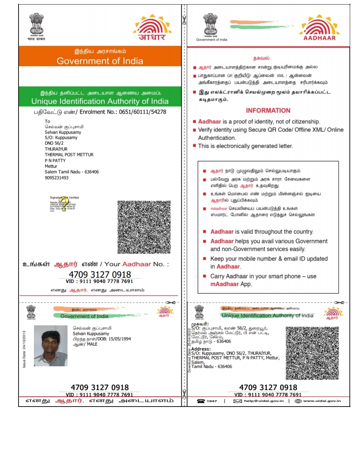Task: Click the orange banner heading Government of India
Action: click(100, 61)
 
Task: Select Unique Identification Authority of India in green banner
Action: click(100, 101)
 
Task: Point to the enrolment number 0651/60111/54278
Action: click(143, 112)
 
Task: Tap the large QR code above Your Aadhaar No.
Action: click(144, 227)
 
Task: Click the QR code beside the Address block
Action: click(312, 353)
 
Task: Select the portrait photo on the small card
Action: click(51, 346)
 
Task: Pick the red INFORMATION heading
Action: click(268, 111)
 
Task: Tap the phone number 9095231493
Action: click(57, 178)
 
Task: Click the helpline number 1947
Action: click(212, 401)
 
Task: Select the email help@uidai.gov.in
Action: click(264, 401)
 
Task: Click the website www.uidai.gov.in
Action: click(322, 401)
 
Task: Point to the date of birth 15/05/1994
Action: click(120, 339)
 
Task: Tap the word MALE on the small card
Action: click(92, 344)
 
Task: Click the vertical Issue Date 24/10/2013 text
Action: click(24, 349)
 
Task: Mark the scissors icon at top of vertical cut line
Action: click(184, 20)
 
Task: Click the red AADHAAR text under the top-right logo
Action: click(319, 38)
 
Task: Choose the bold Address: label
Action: click(201, 349)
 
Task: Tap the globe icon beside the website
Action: click(298, 401)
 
